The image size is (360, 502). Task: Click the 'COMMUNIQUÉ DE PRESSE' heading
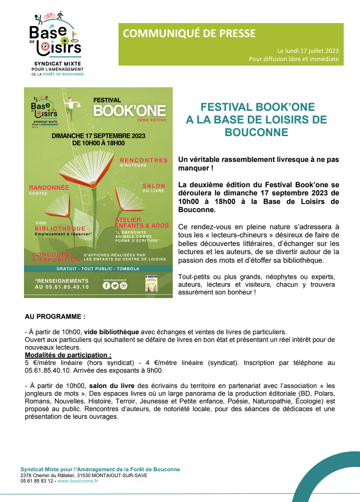189,33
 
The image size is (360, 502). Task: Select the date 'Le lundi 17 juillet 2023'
308,51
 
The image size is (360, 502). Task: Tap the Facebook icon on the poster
106,285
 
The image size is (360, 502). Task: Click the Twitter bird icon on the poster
115,285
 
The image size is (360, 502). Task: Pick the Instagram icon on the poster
123,285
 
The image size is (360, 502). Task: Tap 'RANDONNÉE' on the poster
49,187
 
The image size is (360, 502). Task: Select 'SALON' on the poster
154,186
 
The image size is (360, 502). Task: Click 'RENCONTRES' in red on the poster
144,160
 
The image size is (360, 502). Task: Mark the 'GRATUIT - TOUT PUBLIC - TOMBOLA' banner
98,269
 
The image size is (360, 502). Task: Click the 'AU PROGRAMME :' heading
55,317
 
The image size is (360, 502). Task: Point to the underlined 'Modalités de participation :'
68,355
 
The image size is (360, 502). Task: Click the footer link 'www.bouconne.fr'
78,481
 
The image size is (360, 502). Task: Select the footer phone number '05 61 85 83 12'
37,481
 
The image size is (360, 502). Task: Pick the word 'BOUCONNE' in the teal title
256,132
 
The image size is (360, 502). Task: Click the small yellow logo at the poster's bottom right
151,284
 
